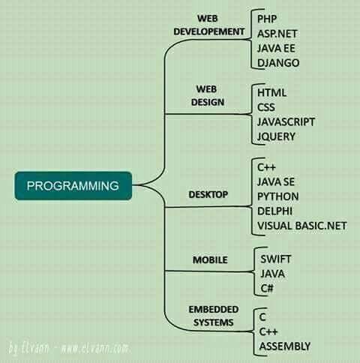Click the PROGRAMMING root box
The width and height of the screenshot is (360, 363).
(73, 186)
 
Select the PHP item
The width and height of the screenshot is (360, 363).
(267, 19)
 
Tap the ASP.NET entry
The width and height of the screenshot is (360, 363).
(277, 34)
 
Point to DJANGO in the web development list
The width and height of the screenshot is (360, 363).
(278, 63)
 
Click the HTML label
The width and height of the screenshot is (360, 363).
(271, 93)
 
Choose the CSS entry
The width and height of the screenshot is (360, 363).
(266, 107)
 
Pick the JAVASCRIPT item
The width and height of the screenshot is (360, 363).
(286, 122)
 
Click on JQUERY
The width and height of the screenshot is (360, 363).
(276, 136)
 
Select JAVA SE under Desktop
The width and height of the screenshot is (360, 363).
(276, 181)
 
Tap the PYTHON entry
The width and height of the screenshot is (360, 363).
(278, 196)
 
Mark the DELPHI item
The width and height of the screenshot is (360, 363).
(274, 211)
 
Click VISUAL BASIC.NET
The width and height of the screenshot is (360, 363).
(302, 226)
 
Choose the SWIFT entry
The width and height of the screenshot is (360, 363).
(275, 259)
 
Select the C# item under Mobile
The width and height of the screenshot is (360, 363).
(267, 288)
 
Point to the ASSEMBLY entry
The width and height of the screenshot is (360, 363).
(285, 346)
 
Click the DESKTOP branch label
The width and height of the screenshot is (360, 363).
(208, 194)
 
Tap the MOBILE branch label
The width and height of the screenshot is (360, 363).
(210, 260)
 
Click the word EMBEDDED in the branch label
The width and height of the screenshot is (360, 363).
(214, 310)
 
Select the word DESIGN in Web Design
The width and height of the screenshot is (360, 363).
(208, 102)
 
